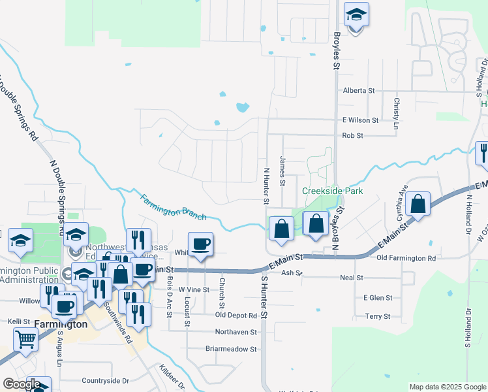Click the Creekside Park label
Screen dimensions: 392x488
pos(332,191)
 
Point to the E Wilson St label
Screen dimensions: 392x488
pos(360,120)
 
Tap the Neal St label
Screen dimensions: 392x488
pos(351,278)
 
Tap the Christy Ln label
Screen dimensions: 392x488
pos(396,108)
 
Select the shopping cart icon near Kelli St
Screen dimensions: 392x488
pos(25,339)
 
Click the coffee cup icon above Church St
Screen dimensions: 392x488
pos(201,244)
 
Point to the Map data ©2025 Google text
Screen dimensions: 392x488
pos(447,387)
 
